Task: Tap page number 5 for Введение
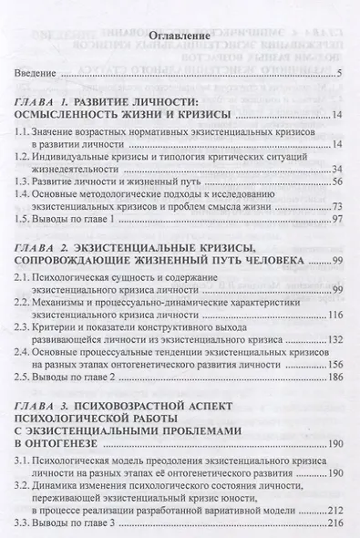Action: click(x=338, y=74)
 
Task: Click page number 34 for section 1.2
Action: click(x=334, y=169)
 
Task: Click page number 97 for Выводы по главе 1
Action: click(x=334, y=220)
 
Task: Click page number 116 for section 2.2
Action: click(x=332, y=315)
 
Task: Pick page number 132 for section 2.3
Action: click(x=332, y=340)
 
